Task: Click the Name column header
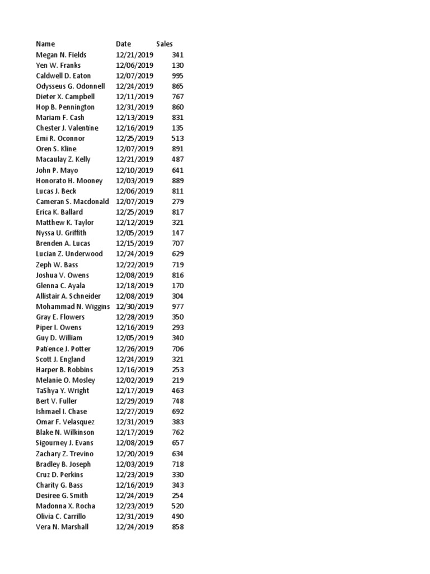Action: click(x=45, y=44)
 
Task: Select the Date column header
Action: click(x=123, y=44)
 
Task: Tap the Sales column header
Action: click(x=165, y=44)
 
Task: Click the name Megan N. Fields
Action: click(x=61, y=55)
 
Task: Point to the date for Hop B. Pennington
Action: click(x=134, y=107)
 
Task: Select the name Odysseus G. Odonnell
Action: click(x=71, y=86)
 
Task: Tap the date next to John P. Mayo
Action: click(x=134, y=170)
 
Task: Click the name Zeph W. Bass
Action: click(x=57, y=265)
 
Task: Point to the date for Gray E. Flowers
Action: click(x=134, y=317)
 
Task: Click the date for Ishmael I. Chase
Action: click(x=134, y=411)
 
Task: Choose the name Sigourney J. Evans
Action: click(x=64, y=443)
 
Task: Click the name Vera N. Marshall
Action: click(x=62, y=527)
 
